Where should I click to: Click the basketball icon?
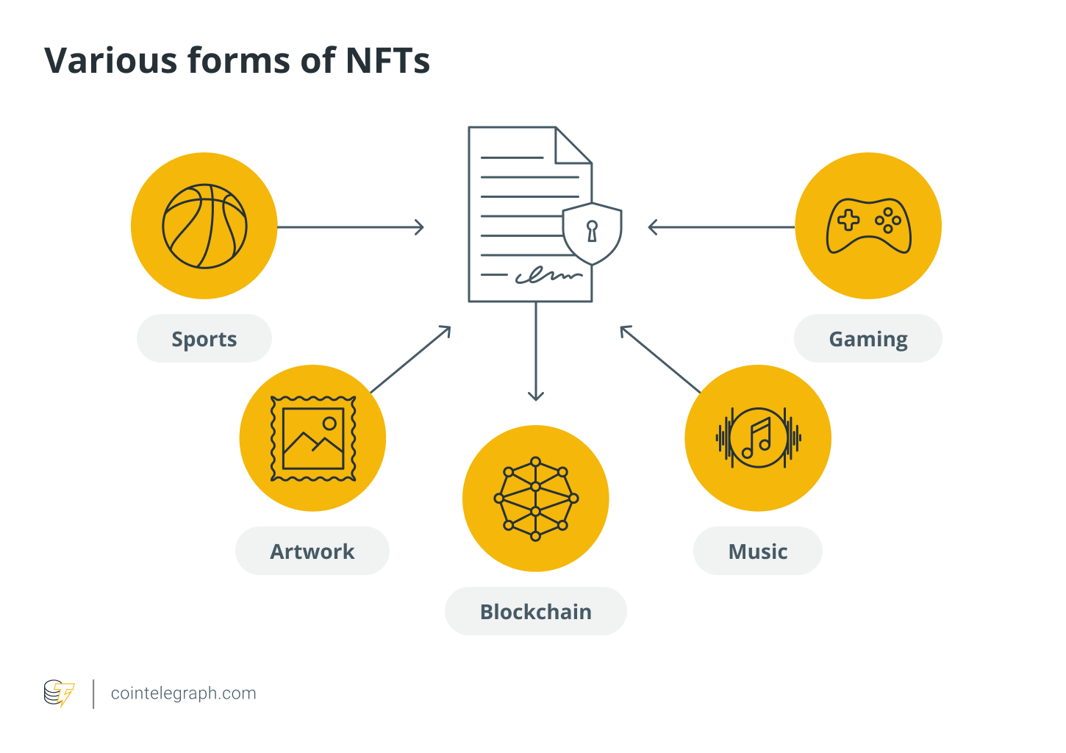pos(204,226)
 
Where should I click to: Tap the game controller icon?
pos(869,226)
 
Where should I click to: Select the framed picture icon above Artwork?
pos(313,438)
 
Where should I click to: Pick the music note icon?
pos(758,438)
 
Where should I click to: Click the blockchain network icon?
pos(536,499)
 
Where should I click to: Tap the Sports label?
pos(204,339)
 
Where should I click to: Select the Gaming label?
pos(868,339)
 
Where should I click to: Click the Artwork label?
pos(312,552)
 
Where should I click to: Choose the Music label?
pos(758,552)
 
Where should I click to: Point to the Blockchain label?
pos(536,612)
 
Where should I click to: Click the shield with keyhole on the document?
pos(593,232)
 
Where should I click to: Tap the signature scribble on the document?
pos(548,276)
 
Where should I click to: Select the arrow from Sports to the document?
pos(350,227)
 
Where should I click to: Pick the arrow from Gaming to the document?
pos(720,227)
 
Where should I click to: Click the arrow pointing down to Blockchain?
pos(536,353)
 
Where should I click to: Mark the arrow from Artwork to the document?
pos(410,360)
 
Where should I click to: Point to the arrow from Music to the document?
pos(660,359)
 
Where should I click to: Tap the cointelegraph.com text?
pos(184,693)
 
